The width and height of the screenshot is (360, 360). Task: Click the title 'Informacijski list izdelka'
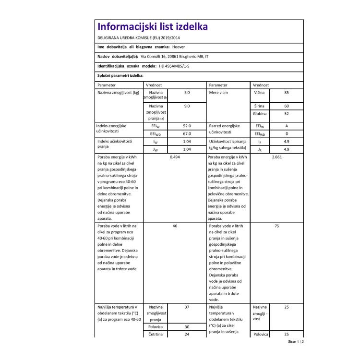pos(152,26)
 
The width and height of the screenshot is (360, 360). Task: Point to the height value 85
pos(286,92)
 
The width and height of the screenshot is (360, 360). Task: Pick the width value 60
pos(286,106)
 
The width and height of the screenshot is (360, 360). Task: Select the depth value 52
pos(286,114)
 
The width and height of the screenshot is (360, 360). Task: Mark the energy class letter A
pos(286,126)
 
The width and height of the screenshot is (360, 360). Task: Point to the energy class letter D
pos(286,134)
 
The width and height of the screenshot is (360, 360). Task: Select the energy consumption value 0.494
pos(175,157)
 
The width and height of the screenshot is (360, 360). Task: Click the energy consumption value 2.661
pos(276,157)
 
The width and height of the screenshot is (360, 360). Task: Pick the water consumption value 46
pos(175,225)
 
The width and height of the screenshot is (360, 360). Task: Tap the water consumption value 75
pos(276,225)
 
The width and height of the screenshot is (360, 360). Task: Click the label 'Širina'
pos(259,106)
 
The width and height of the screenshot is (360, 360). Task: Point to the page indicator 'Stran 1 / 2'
pos(296,342)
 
